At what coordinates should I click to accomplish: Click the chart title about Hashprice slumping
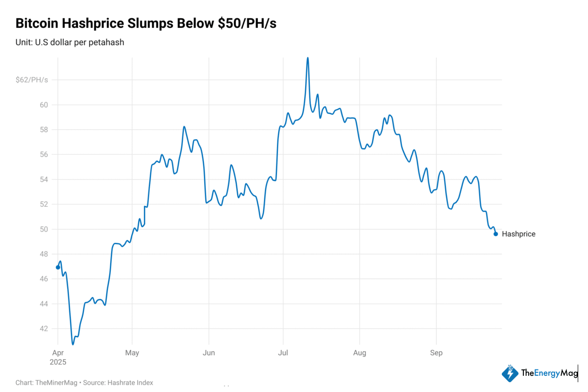tap(146, 23)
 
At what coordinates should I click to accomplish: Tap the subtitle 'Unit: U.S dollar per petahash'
tap(70, 43)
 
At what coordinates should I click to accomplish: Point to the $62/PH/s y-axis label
tap(32, 80)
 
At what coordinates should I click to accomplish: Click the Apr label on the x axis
tap(58, 353)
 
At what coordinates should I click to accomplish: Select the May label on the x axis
tap(132, 353)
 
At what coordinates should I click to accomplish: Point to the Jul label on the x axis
tap(283, 353)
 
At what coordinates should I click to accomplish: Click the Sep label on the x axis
tap(436, 353)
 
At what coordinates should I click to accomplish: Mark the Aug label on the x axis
tap(360, 353)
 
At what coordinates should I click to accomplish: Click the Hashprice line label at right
tap(518, 234)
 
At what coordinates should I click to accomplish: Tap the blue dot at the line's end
tap(496, 234)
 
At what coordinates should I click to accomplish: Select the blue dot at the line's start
tap(58, 267)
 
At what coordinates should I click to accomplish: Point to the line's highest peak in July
tap(308, 58)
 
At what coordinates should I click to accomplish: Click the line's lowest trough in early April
tap(73, 344)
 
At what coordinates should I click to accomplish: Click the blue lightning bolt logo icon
tap(510, 373)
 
